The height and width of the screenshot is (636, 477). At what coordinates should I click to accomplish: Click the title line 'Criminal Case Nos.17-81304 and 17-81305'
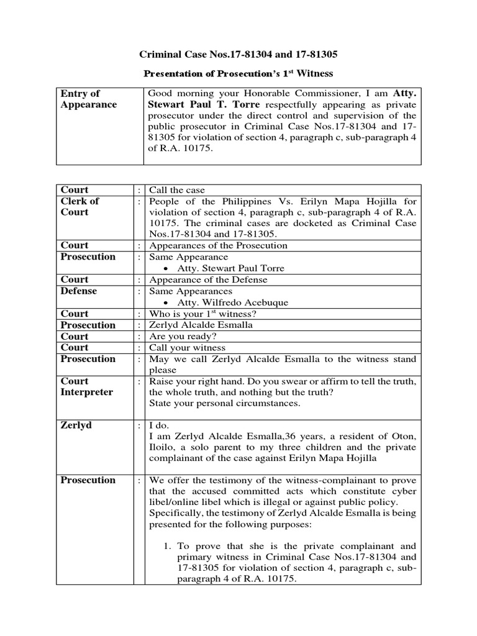(238, 55)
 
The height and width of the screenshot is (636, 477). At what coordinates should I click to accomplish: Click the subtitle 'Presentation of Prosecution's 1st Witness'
(238, 74)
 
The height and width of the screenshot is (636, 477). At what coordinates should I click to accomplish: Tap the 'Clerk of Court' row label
(79, 206)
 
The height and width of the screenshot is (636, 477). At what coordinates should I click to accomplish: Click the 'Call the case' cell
(177, 190)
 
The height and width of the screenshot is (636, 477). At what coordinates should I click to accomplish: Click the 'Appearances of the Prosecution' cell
(217, 245)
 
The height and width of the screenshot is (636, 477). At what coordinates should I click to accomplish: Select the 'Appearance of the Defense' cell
(207, 279)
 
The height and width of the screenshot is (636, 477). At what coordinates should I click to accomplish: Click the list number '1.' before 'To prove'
(168, 546)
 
